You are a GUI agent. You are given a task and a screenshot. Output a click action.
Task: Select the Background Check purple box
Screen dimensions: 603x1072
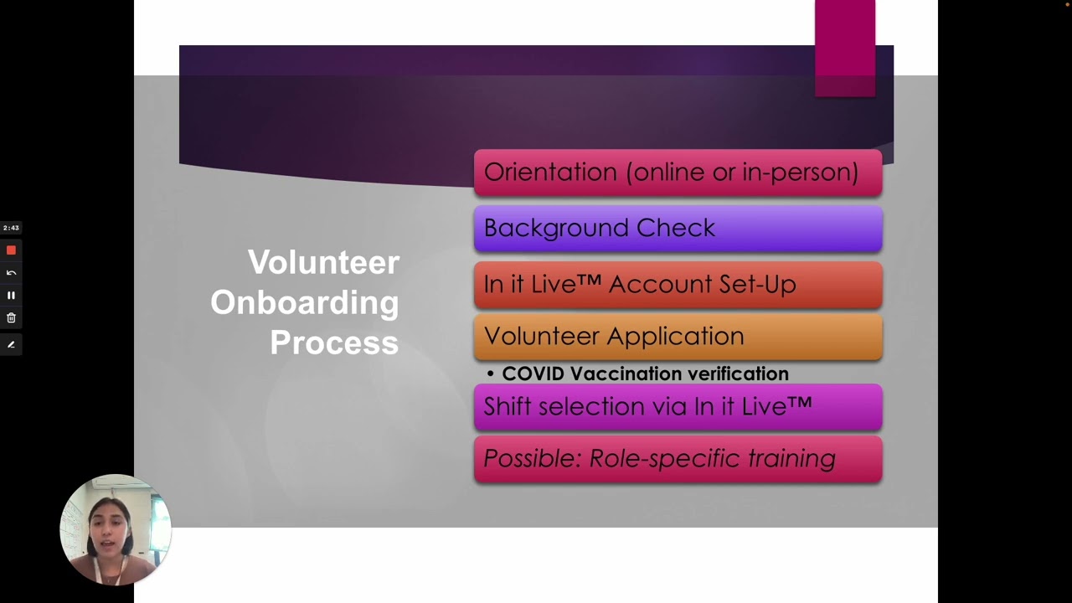(678, 229)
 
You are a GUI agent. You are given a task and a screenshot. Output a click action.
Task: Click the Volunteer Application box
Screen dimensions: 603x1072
(678, 337)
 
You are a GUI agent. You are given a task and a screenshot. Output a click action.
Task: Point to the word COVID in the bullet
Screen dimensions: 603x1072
(533, 374)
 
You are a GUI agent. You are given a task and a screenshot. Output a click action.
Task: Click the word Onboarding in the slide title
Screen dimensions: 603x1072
(304, 302)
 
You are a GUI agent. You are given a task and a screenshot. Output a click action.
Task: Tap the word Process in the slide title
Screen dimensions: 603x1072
(333, 343)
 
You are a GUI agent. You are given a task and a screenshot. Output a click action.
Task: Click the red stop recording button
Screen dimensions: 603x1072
(11, 250)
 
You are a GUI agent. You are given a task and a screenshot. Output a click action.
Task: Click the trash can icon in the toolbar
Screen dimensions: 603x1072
(11, 318)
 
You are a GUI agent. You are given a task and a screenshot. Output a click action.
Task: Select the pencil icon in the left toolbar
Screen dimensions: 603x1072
(11, 344)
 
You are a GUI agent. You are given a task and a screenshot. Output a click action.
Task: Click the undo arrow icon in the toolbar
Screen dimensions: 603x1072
(11, 273)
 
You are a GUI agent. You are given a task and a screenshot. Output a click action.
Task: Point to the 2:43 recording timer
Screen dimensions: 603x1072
(11, 228)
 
